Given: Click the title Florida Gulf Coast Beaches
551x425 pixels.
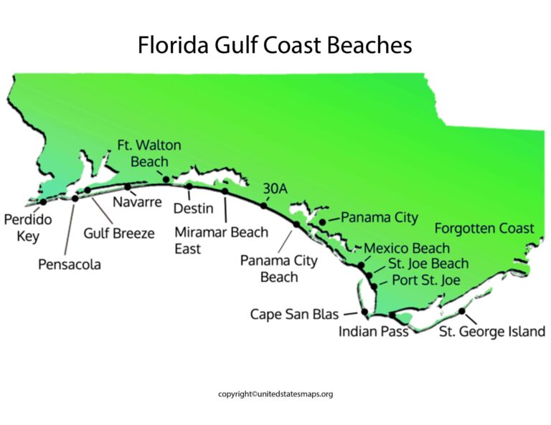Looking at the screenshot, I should coord(275,45).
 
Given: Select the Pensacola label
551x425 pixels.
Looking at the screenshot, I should coord(70,264).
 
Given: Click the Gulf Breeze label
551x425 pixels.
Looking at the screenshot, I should coord(118,233).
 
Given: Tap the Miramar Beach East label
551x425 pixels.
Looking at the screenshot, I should coord(221,240).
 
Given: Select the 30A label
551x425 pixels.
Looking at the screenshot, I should coord(275,188).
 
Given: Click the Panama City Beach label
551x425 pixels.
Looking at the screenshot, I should coord(278,269).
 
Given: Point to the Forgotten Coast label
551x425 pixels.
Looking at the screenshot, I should coord(484,229).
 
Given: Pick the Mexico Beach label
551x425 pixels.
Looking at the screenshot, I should coord(407,249).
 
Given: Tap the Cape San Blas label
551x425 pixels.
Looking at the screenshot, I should coord(294,314).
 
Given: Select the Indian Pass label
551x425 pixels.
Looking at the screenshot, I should coord(373,332).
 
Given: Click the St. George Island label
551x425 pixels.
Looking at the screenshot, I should coord(481,333).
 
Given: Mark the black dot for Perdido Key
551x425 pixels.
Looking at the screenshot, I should coord(43,202).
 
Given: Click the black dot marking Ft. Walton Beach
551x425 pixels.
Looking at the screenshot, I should coord(166,179).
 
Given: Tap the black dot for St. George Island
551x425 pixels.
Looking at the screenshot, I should coord(461,312).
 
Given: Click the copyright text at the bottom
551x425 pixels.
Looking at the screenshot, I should coord(275,394).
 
